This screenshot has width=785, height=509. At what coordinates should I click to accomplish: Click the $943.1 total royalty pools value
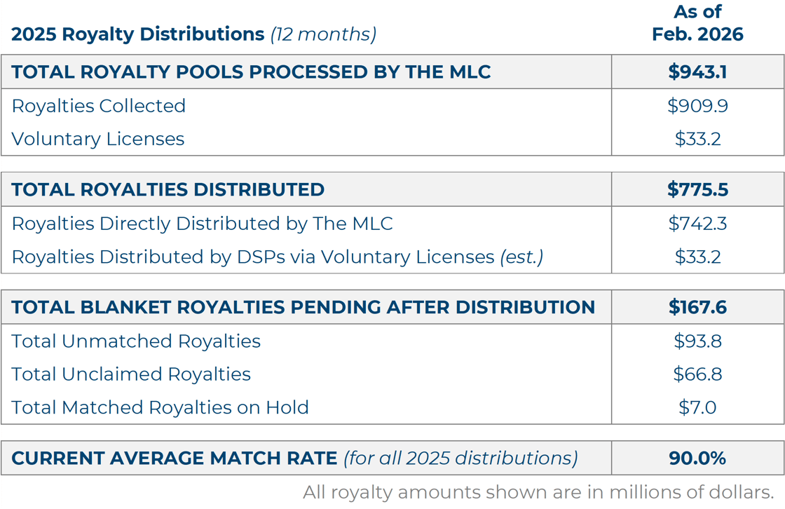pyautogui.click(x=697, y=72)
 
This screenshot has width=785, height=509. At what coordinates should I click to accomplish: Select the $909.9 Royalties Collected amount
pyautogui.click(x=697, y=106)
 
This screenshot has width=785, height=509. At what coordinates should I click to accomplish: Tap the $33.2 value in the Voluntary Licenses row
pyautogui.click(x=697, y=139)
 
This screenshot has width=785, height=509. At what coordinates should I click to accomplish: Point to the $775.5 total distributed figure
pyautogui.click(x=697, y=190)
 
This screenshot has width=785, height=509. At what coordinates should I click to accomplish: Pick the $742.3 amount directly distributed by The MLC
pyautogui.click(x=697, y=224)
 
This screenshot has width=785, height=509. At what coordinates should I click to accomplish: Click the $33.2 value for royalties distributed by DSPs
pyautogui.click(x=697, y=257)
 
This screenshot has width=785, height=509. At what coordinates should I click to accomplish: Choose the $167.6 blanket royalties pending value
pyautogui.click(x=697, y=307)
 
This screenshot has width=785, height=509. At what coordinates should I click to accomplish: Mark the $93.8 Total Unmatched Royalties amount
pyautogui.click(x=697, y=341)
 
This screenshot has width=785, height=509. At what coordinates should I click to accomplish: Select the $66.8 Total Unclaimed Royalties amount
pyautogui.click(x=697, y=374)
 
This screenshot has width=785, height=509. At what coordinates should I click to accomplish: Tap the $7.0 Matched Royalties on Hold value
pyautogui.click(x=697, y=407)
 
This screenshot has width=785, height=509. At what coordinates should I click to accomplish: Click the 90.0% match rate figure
pyautogui.click(x=697, y=459)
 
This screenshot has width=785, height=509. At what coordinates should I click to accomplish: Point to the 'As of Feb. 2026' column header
pyautogui.click(x=697, y=23)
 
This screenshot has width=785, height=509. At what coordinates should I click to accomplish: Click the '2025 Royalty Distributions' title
pyautogui.click(x=137, y=34)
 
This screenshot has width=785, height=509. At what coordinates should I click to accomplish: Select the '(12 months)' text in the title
pyautogui.click(x=323, y=34)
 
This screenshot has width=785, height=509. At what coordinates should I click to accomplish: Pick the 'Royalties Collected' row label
pyautogui.click(x=99, y=106)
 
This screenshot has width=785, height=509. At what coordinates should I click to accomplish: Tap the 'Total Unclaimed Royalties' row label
pyautogui.click(x=131, y=374)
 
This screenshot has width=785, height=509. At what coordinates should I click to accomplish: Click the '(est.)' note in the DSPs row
pyautogui.click(x=521, y=257)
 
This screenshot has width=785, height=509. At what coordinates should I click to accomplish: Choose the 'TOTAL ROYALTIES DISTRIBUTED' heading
pyautogui.click(x=168, y=190)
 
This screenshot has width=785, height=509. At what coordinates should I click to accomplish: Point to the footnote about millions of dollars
pyautogui.click(x=538, y=492)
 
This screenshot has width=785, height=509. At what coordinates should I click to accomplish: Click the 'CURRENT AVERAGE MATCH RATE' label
pyautogui.click(x=175, y=459)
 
